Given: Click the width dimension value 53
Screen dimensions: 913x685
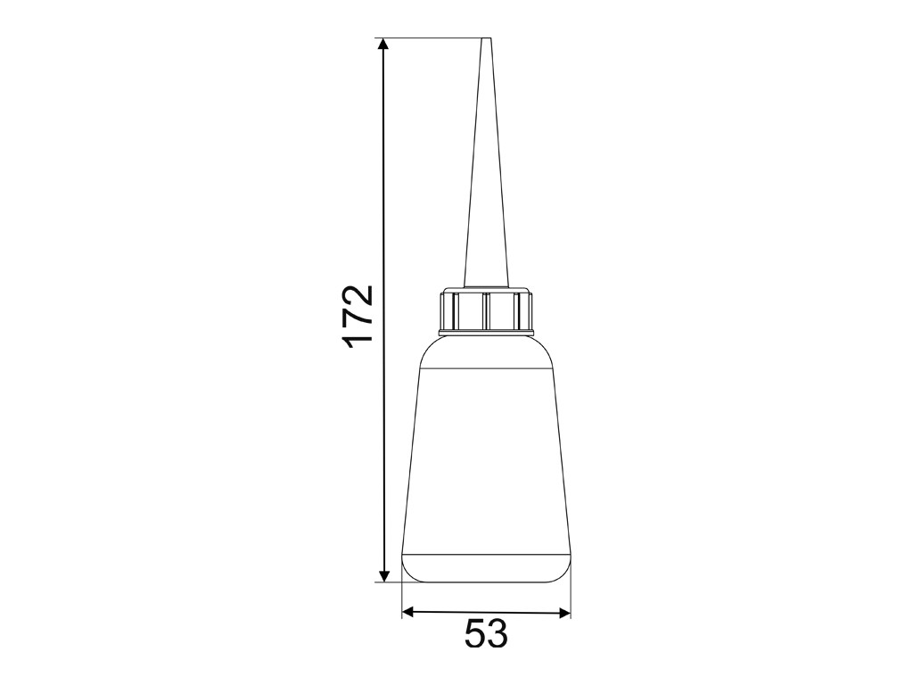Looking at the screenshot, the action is (486, 634).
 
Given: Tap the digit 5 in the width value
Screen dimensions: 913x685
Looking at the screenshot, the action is (475, 634).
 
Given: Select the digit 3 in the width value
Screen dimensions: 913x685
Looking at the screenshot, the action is (498, 634).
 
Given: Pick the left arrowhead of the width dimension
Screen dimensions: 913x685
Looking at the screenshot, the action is (408, 612).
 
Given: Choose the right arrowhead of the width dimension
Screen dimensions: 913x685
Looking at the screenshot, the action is (564, 612).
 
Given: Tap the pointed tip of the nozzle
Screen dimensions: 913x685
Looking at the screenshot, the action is (486, 39).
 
